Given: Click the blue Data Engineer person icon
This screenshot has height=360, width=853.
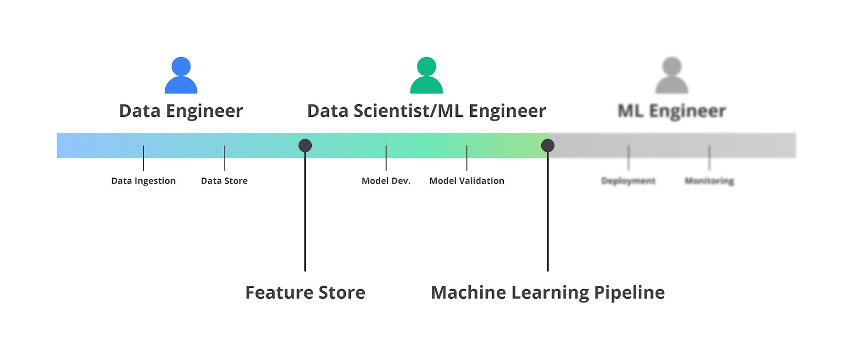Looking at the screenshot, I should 181,76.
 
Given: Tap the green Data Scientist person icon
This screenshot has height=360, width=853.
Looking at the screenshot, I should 426,76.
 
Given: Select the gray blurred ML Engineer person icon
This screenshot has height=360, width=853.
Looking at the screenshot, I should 672,76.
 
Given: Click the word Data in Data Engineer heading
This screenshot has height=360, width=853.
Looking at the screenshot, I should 140,111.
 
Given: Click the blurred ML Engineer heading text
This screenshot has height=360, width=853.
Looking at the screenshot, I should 672,111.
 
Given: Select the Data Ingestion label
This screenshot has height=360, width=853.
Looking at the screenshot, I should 143,181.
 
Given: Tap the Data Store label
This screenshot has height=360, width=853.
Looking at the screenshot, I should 224,181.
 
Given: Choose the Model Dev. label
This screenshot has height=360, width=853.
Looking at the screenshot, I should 386,181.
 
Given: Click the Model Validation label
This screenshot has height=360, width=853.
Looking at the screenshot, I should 466,181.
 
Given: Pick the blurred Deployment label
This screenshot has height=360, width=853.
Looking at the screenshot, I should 628,181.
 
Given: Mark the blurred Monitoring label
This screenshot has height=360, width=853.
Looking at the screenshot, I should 709,181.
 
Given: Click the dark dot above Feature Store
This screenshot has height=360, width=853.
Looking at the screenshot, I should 305,146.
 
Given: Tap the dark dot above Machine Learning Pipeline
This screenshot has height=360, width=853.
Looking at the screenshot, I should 548,146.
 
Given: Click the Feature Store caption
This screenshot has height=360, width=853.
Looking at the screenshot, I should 305,292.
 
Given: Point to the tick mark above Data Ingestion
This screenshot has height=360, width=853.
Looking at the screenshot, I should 143,158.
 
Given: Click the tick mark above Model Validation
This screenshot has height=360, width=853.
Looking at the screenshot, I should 466,158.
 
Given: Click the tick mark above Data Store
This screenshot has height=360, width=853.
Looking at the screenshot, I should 224,158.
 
